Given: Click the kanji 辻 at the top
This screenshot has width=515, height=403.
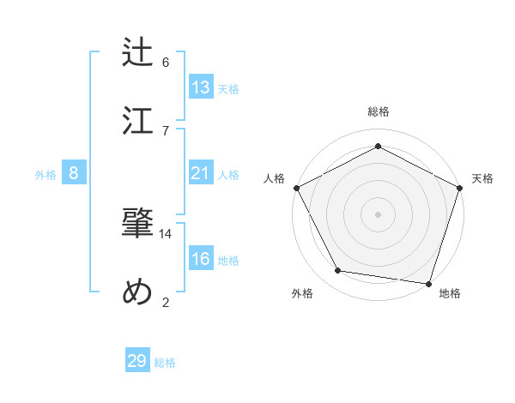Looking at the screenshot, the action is coord(137,51).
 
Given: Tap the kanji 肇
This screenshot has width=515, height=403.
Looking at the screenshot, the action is coord(137,224).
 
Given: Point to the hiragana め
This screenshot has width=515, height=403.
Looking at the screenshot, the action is coord(137,292).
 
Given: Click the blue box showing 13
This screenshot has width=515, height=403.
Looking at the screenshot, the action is coord(201,87).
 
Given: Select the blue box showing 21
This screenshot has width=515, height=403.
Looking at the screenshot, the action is coord(201,173).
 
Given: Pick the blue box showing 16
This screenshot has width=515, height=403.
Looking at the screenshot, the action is coord(201,259).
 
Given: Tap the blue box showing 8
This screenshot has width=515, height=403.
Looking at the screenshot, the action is coord(74,173).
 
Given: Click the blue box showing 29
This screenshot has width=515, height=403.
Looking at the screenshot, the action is coord(137,361).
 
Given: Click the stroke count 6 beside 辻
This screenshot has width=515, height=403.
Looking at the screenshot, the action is coord(166,62).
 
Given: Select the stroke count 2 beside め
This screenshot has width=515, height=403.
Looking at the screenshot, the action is coord(166,302).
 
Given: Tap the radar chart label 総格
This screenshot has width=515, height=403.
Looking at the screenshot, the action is coord(379,111).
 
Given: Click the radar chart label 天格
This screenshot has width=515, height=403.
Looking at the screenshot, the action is coord(482,178).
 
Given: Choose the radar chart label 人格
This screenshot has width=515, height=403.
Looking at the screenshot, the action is coord(275,178).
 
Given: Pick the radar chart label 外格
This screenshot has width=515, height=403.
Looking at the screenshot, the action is coord(302,294).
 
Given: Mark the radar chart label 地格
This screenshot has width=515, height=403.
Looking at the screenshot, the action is coord(450,294).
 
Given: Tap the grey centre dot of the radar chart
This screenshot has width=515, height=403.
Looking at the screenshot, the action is coord(379,214).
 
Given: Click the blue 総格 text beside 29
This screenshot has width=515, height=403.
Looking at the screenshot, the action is coord(166,363).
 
